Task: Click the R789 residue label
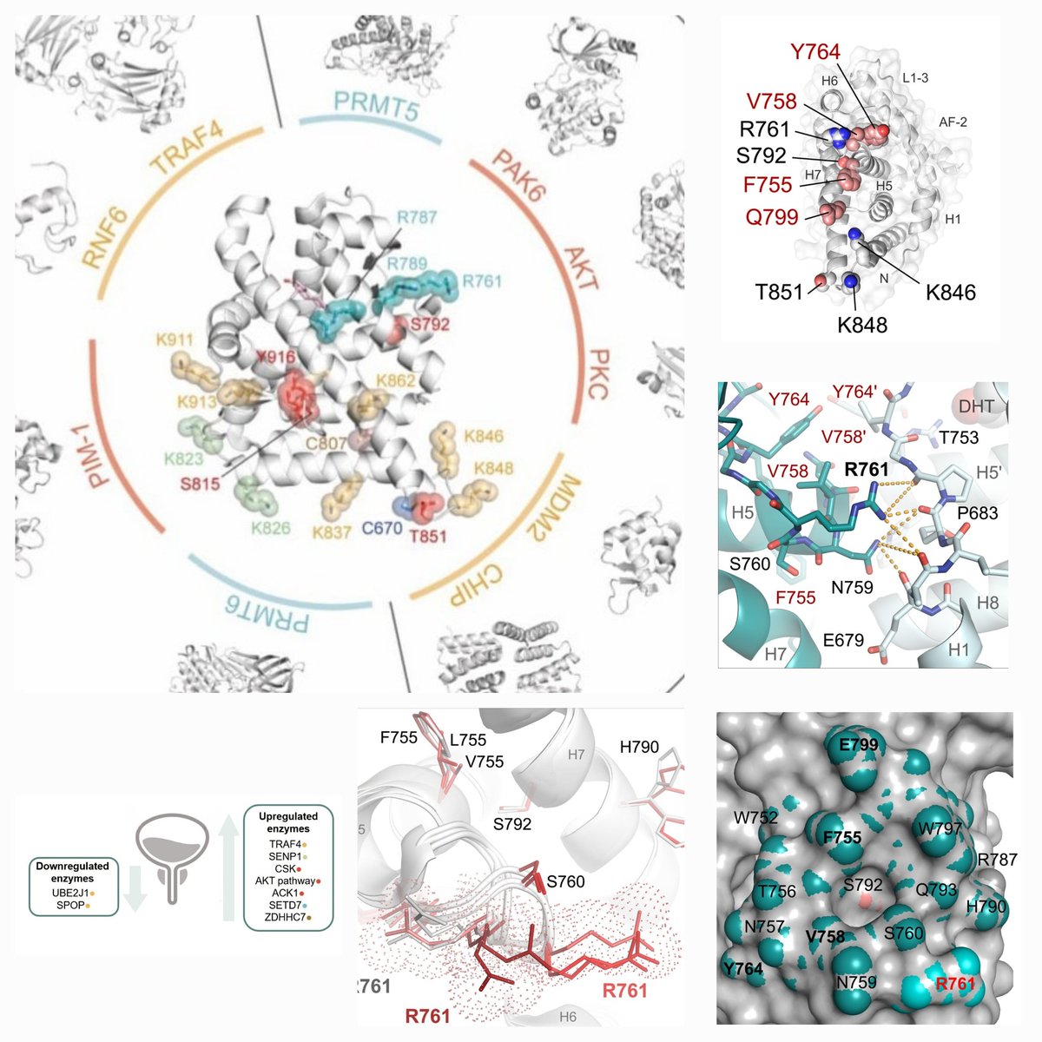[407, 262]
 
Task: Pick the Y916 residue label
[275, 358]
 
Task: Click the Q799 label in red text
[772, 216]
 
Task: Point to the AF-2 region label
[953, 122]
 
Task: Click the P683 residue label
[977, 513]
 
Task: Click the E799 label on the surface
[859, 744]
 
